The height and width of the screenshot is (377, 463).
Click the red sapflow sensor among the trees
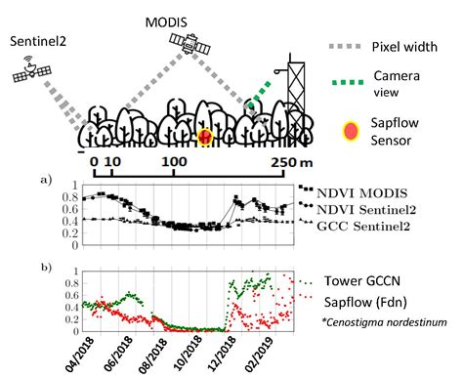click(205, 137)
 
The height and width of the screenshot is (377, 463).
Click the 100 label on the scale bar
click(174, 162)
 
